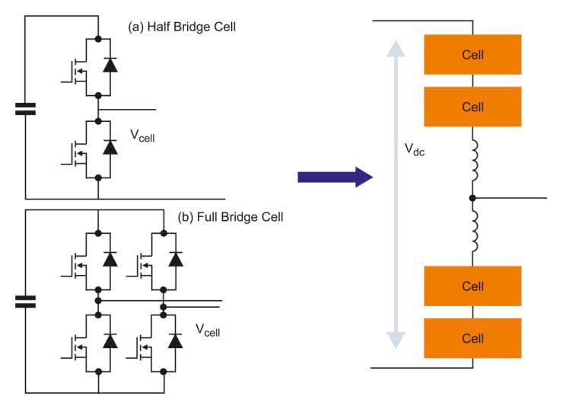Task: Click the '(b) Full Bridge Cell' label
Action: point(231,217)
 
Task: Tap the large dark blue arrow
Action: point(335,177)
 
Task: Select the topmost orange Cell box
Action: point(472,55)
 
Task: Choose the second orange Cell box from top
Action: point(472,107)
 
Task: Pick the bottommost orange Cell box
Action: point(472,338)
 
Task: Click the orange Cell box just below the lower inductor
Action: point(472,286)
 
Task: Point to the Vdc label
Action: point(415,150)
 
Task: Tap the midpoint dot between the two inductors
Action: point(472,198)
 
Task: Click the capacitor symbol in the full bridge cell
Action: point(25,302)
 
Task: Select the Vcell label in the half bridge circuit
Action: point(145,136)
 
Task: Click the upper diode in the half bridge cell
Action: point(110,66)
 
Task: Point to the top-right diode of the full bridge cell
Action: point(176,259)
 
